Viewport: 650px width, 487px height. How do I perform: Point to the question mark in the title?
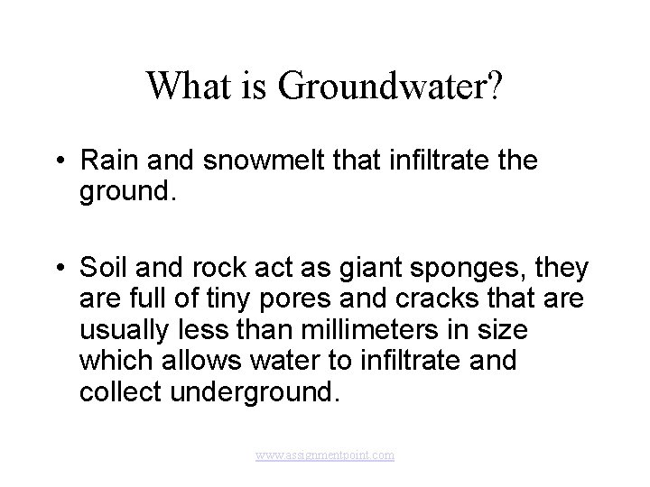(x=496, y=87)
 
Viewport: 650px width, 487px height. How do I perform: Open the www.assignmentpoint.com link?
(x=325, y=456)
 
